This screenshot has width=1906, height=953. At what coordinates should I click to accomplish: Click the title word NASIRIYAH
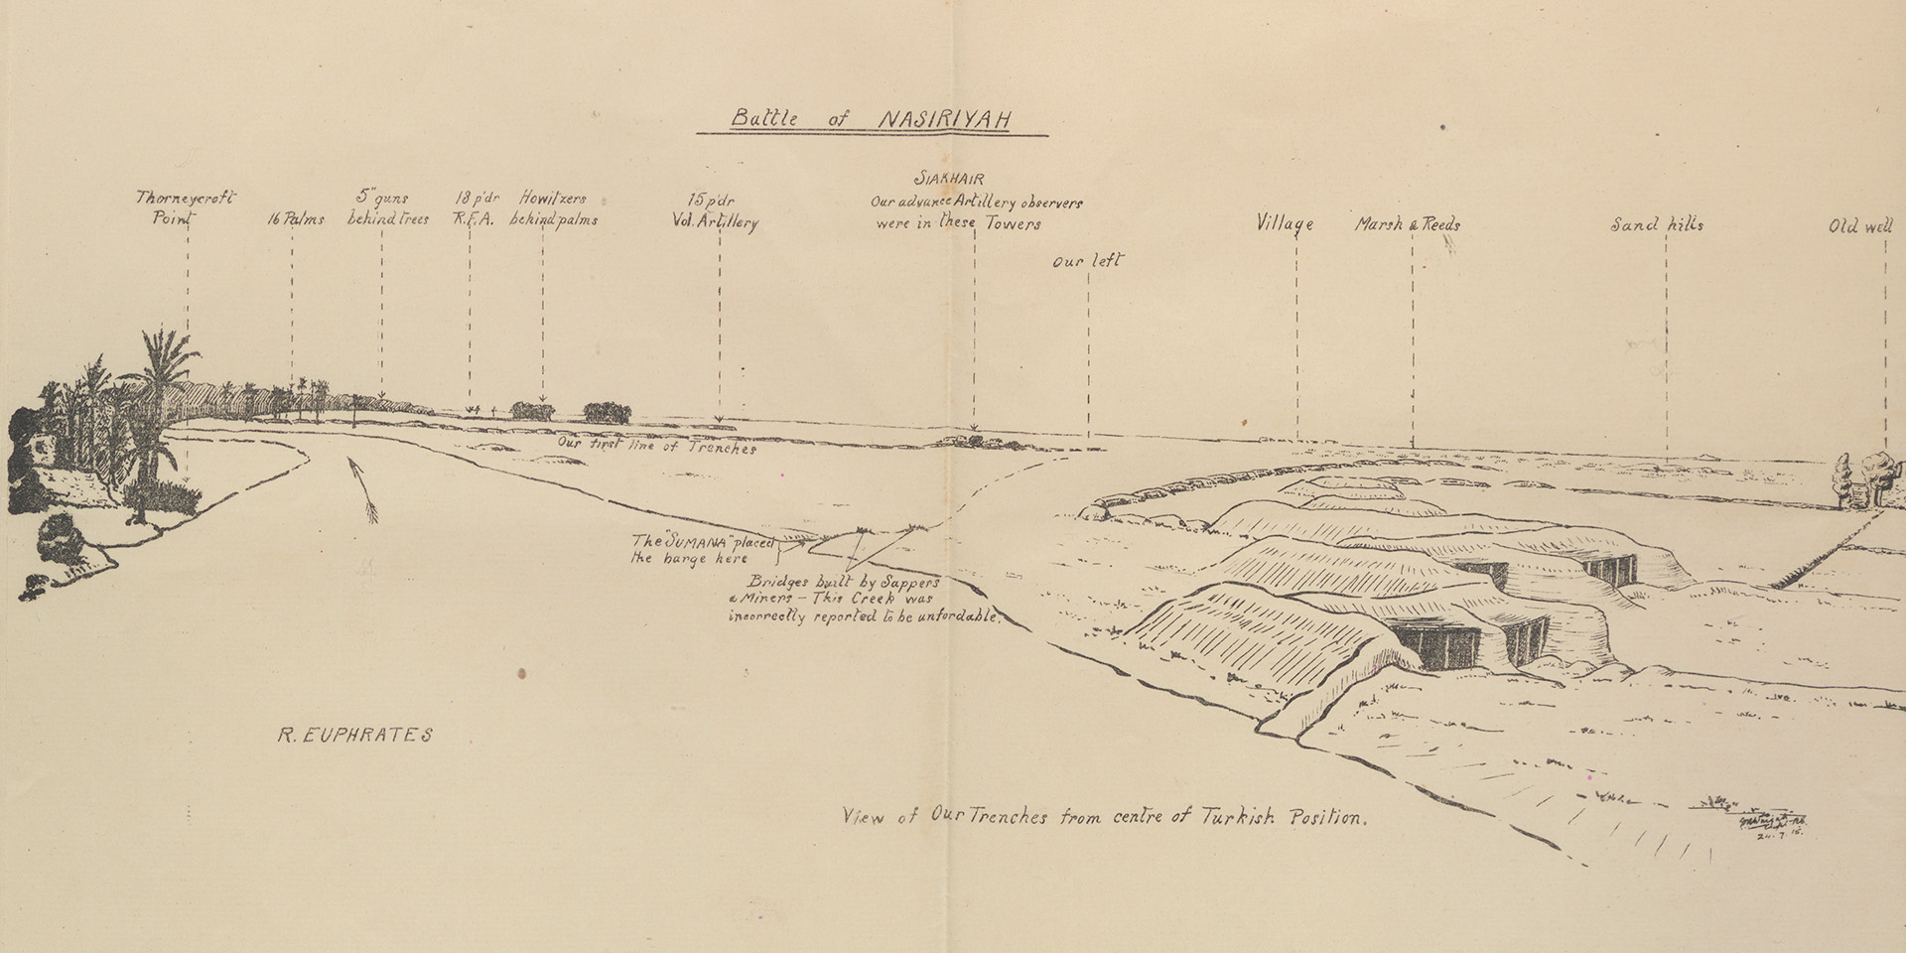[945, 119]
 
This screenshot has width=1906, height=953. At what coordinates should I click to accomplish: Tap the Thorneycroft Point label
[186, 206]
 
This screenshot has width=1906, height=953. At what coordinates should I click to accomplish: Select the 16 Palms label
[295, 219]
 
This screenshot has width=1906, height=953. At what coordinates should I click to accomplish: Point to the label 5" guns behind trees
[387, 207]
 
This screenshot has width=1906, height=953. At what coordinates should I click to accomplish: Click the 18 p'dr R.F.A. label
[476, 207]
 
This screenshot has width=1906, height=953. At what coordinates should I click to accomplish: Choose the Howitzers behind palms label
[553, 207]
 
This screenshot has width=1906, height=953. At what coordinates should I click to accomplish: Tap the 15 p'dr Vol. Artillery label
[715, 210]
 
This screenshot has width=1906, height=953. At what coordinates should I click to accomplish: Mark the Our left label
[1089, 261]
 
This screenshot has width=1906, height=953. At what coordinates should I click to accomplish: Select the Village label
[1285, 224]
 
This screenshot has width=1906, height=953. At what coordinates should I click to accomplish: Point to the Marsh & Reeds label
[1407, 224]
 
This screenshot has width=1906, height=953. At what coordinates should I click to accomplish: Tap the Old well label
[1860, 226]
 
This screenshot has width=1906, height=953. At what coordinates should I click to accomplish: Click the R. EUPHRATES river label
[354, 736]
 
